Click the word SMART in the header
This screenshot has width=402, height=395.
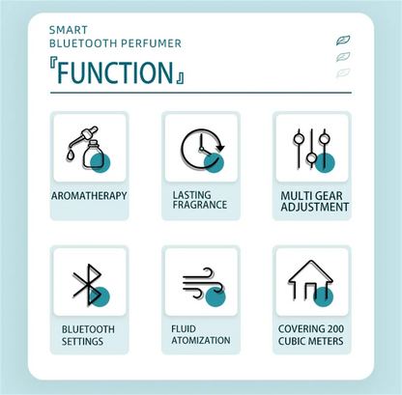click(x=69, y=30)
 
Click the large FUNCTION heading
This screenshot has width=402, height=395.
click(x=115, y=72)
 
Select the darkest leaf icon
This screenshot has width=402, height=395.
click(x=343, y=41)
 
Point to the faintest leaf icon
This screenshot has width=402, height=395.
click(x=343, y=72)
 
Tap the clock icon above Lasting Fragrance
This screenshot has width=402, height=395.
click(x=202, y=149)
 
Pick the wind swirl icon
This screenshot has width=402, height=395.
click(x=203, y=283)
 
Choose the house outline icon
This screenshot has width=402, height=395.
click(x=310, y=280)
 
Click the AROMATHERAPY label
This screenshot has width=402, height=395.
click(x=89, y=196)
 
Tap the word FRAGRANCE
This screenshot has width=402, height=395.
click(x=200, y=205)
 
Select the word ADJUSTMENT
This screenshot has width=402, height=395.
click(x=315, y=207)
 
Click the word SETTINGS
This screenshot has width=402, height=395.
click(x=82, y=341)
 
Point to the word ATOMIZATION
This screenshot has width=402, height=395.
click(x=201, y=340)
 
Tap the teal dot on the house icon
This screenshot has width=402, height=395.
click(x=324, y=296)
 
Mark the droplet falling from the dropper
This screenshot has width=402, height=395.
click(x=70, y=155)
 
